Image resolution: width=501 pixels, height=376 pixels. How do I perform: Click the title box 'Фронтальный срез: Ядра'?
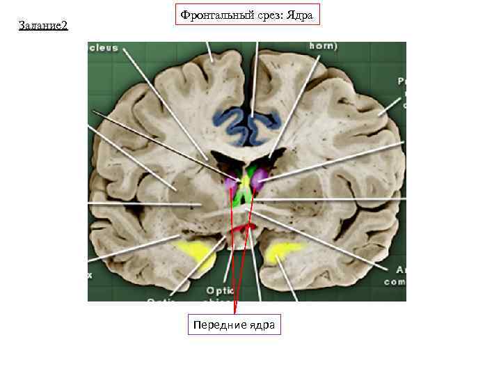click(247, 15)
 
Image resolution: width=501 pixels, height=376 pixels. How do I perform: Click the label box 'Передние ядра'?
click(234, 325)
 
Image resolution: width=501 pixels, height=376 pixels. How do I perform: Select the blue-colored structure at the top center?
click(247, 124)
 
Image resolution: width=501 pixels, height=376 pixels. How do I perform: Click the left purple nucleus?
click(231, 184)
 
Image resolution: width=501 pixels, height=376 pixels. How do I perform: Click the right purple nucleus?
click(260, 179)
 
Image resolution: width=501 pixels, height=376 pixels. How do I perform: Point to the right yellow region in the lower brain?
click(283, 250)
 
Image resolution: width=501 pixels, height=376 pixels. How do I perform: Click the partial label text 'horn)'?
click(323, 47)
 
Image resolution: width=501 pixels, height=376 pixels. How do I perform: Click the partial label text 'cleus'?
click(103, 48)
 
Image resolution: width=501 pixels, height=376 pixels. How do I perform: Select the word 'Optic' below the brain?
click(219, 290)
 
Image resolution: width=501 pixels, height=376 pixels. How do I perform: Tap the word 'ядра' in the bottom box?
click(261, 325)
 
